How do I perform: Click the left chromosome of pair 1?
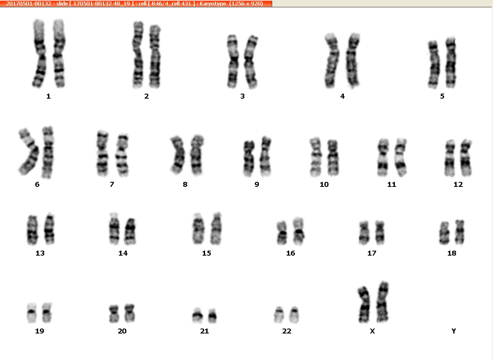[x=39, y=53]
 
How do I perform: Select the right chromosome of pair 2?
[x=155, y=56]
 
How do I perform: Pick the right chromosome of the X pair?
[x=383, y=302]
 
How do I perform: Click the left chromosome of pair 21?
[x=198, y=315]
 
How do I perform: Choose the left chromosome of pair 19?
[x=31, y=312]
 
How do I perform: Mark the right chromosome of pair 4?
[x=353, y=60]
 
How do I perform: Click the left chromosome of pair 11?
[x=383, y=157]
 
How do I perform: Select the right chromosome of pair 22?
[x=294, y=315]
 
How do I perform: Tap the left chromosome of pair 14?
[x=114, y=229]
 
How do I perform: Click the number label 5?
[x=442, y=96]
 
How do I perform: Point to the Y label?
[x=454, y=331]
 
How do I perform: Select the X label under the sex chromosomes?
[x=372, y=331]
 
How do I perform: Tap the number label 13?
[x=40, y=253]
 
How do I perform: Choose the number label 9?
[x=257, y=185]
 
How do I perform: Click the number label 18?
[x=452, y=253]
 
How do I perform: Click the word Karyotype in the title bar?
[x=213, y=3]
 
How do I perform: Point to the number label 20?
[x=122, y=331]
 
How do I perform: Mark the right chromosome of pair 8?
[x=197, y=155]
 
